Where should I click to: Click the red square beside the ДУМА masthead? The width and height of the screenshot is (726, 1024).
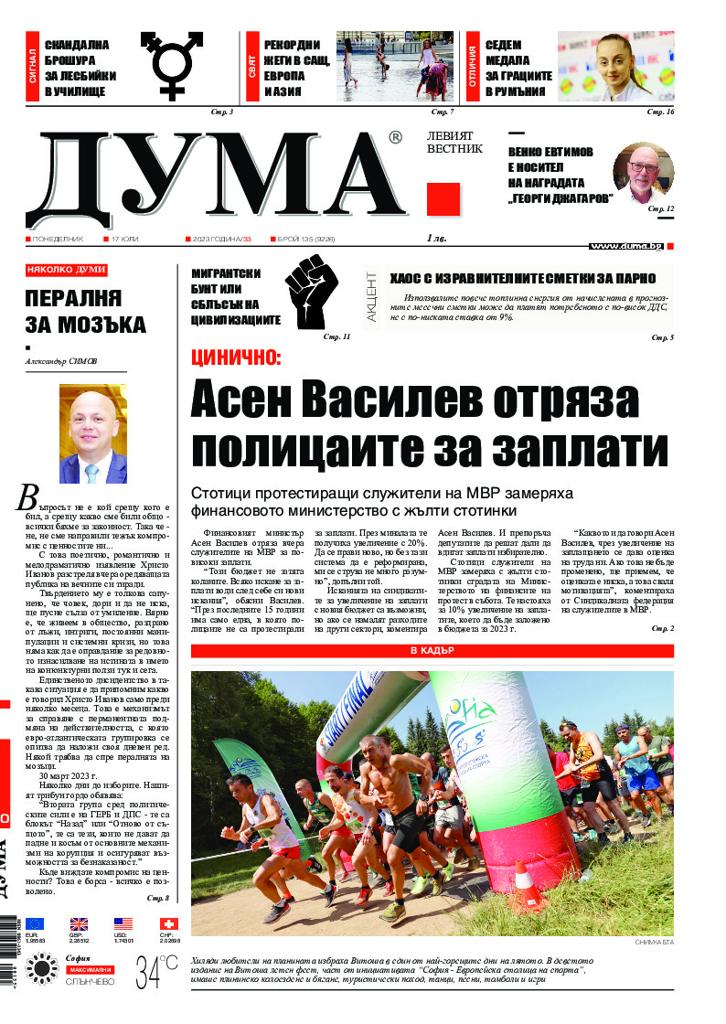pyautogui.click(x=443, y=199)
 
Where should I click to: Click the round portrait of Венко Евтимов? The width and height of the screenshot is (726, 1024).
pyautogui.click(x=643, y=174)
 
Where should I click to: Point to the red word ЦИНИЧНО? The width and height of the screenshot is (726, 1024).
pyautogui.click(x=236, y=358)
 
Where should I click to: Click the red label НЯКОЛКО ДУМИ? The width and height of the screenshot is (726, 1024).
pyautogui.click(x=67, y=270)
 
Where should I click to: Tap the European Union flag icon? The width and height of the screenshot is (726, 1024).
pyautogui.click(x=35, y=924)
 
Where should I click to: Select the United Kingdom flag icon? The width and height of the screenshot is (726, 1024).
pyautogui.click(x=80, y=924)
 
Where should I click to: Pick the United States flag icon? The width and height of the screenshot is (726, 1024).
pyautogui.click(x=123, y=924)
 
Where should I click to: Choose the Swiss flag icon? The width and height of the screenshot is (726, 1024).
pyautogui.click(x=168, y=924)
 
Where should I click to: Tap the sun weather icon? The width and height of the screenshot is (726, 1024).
pyautogui.click(x=42, y=969)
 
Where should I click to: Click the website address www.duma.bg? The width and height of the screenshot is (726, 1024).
pyautogui.click(x=625, y=246)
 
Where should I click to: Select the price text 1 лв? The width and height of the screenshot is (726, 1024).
pyautogui.click(x=436, y=238)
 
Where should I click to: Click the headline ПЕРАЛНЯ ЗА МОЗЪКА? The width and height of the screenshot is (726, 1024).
pyautogui.click(x=85, y=311)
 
